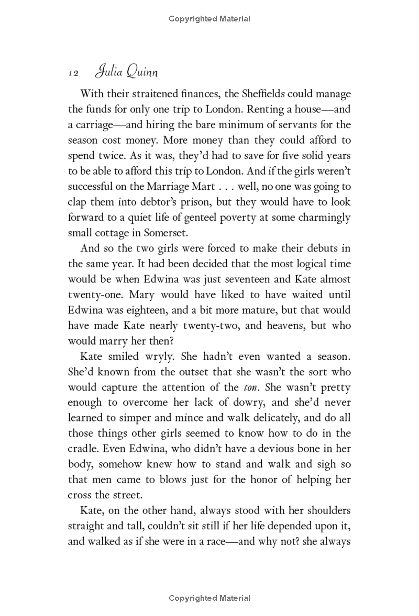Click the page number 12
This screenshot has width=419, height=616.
point(73,74)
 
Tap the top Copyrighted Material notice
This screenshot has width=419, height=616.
point(210,19)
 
